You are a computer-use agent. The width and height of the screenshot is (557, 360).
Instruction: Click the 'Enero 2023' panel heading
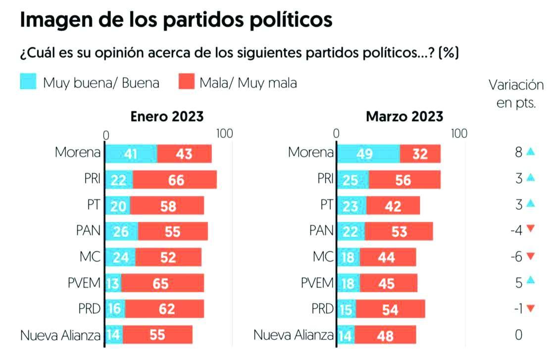click(x=167, y=116)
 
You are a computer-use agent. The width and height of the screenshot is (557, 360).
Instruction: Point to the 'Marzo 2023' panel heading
click(x=404, y=116)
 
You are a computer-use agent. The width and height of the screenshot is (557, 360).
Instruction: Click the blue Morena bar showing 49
click(x=368, y=154)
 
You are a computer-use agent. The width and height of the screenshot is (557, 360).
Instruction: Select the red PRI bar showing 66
click(x=175, y=179)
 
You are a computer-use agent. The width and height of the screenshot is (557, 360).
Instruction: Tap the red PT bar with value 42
click(x=393, y=205)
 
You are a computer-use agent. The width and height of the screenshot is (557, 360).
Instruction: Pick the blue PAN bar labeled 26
click(x=121, y=231)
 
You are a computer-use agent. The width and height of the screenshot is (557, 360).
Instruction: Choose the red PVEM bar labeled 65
click(x=162, y=283)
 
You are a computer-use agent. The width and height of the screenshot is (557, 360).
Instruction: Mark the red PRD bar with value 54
click(x=390, y=309)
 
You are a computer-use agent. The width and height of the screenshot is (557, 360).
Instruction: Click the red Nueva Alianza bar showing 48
click(x=385, y=335)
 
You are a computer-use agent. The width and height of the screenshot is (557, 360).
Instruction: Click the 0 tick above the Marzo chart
click(x=337, y=134)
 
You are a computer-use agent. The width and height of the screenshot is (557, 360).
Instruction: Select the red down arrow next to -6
click(x=531, y=256)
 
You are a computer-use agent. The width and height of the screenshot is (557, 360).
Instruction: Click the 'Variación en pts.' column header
click(x=516, y=93)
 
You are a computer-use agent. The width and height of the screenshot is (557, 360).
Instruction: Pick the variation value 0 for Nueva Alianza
click(x=518, y=335)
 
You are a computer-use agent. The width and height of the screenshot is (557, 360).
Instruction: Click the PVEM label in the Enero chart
click(x=84, y=283)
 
